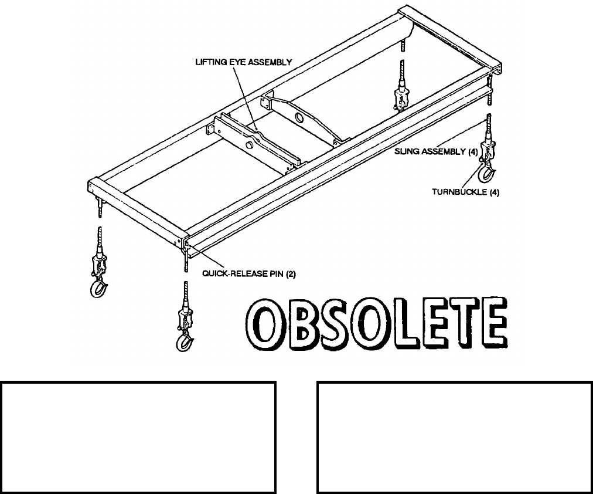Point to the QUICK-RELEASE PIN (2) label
(240, 272)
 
